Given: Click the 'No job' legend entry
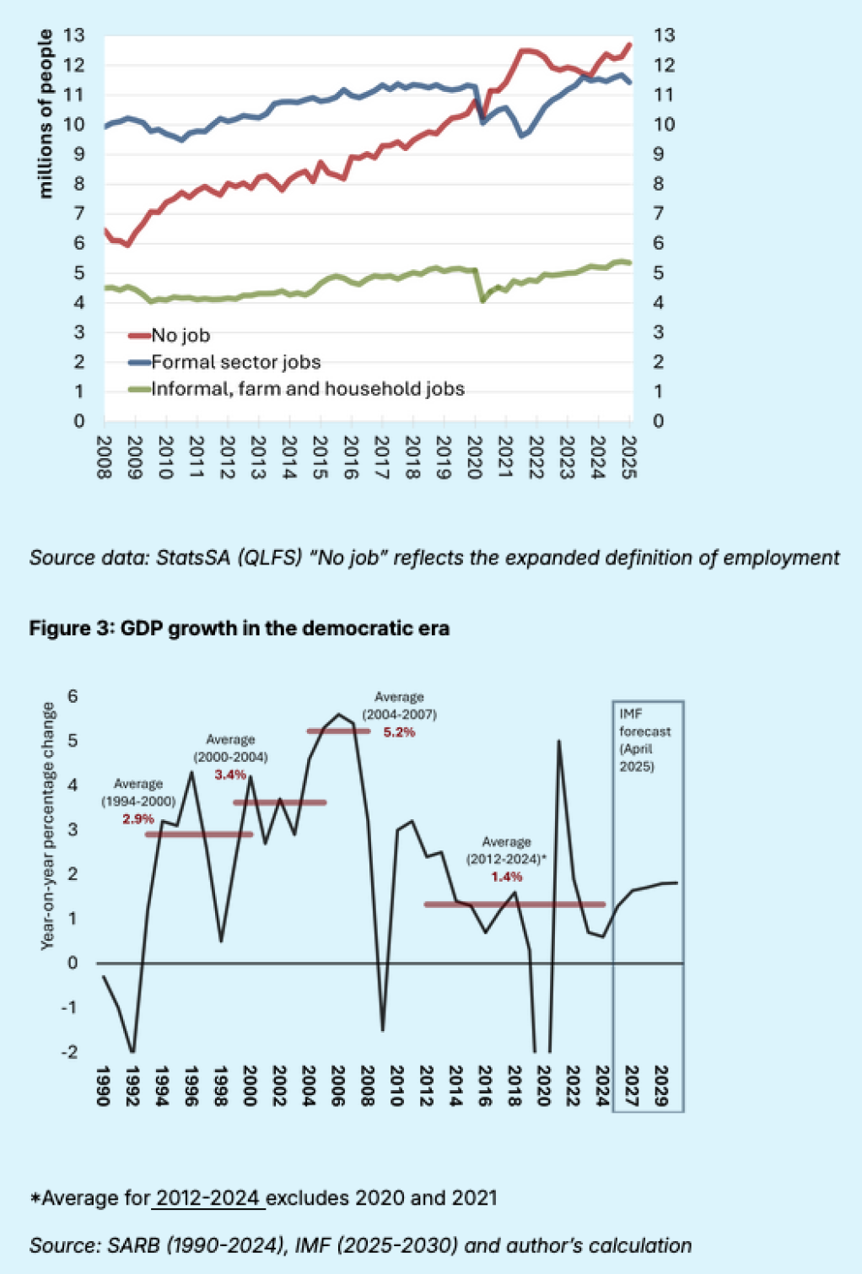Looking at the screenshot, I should pos(180,336).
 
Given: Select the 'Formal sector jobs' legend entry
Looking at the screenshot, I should pos(235,363).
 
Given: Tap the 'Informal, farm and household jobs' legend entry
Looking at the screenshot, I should pos(308,389).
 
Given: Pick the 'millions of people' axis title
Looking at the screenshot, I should pos(46,114).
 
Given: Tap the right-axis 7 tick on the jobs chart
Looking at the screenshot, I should pos(664,213).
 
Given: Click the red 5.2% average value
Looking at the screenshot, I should pos(399,732).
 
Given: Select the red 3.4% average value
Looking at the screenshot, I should pos(229,775).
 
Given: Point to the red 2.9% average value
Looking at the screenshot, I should pos(138,819).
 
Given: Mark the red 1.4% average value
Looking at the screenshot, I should pos(507,877).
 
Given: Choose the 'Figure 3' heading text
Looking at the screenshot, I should pos(239,629).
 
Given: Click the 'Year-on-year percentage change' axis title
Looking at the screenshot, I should pos(48,826).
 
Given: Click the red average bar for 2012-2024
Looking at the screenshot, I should pos(515,904).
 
